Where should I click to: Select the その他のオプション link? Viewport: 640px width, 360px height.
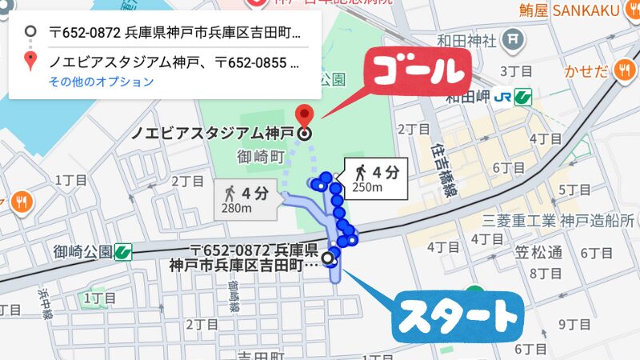pyautogui.click(x=101, y=82)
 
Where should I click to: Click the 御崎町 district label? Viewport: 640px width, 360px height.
pyautogui.click(x=261, y=157)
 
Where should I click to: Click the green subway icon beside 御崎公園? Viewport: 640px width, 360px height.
pyautogui.click(x=123, y=251)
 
